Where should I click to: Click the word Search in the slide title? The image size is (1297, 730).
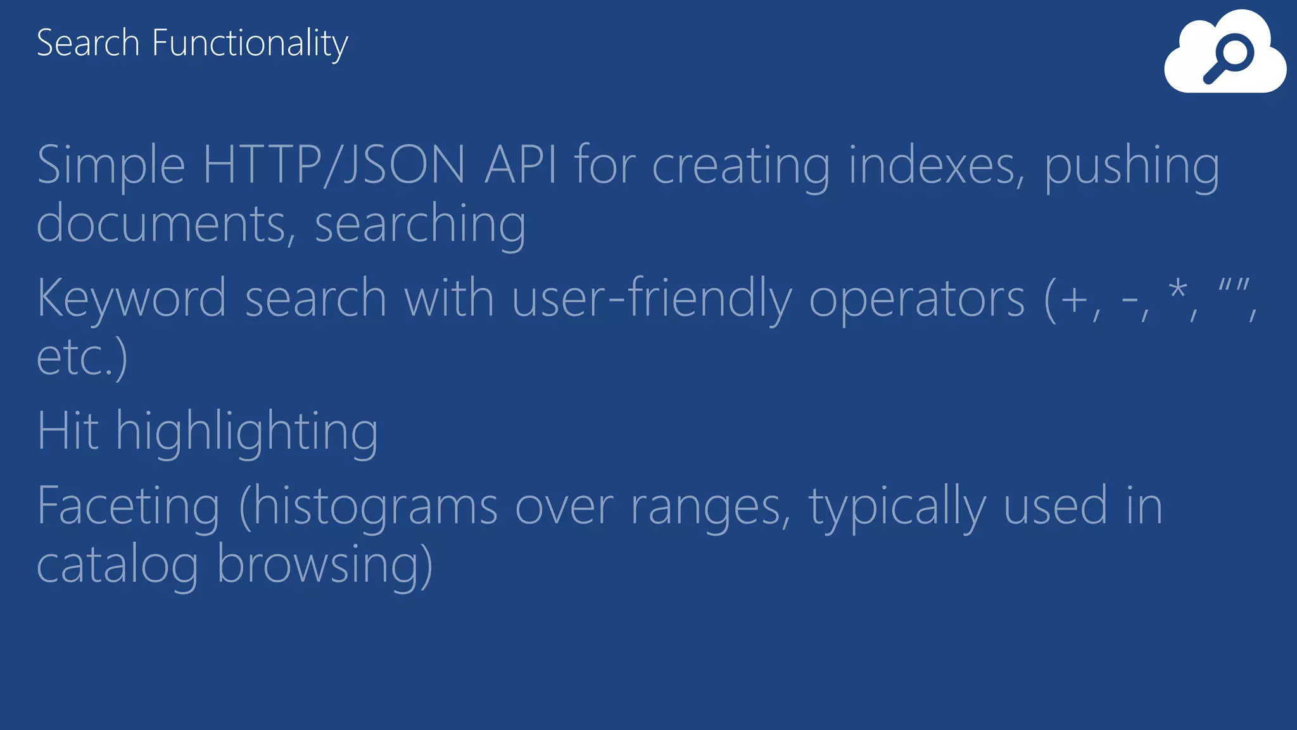87,43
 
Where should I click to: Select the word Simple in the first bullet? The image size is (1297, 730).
111,166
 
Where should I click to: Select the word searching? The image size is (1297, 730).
420,226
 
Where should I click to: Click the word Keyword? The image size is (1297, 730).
132,298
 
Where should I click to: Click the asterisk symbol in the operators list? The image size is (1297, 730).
1178,291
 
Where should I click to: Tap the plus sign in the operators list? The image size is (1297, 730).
1074,299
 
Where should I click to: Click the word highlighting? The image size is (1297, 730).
246,432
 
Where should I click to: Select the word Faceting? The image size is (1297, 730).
129,507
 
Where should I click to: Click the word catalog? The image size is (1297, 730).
118,565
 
